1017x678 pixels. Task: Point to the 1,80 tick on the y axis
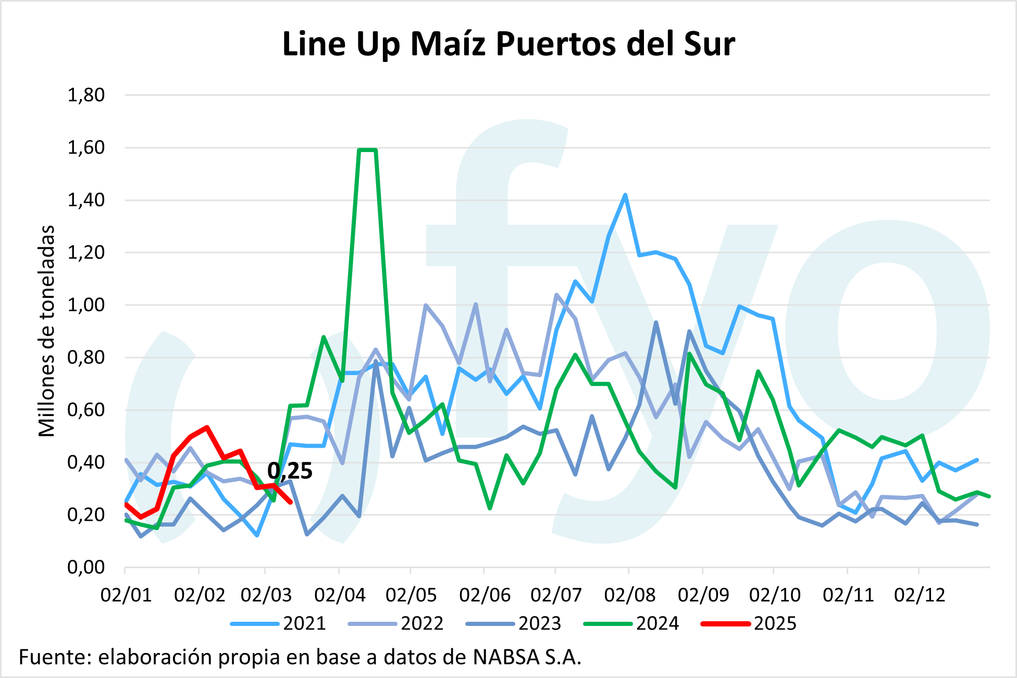[86, 95]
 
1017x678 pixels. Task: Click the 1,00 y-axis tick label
[86, 305]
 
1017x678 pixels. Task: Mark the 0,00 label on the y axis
[86, 567]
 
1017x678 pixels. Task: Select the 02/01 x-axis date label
[126, 595]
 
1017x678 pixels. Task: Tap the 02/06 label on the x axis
[485, 595]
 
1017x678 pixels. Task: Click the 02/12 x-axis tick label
[919, 595]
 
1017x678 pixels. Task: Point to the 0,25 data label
[290, 471]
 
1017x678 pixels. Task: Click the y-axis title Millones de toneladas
[47, 331]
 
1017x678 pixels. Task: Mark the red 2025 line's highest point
[207, 428]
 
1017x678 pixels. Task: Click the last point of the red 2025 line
[290, 502]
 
